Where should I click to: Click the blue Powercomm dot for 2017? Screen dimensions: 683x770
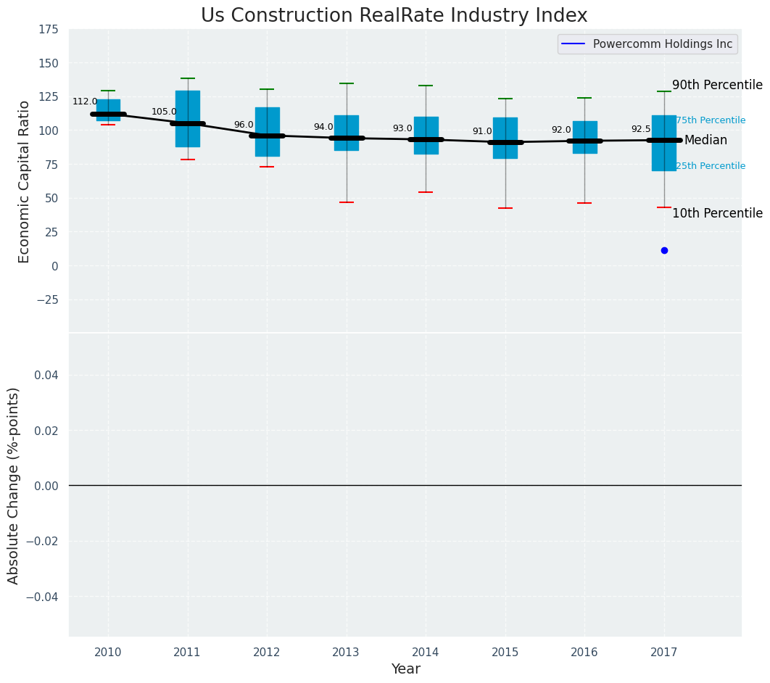(x=664, y=250)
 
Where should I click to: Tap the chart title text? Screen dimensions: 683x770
(x=394, y=16)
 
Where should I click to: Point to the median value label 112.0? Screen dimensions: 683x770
(x=85, y=102)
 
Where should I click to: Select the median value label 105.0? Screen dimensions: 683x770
(x=164, y=112)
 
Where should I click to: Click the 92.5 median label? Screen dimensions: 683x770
(x=641, y=129)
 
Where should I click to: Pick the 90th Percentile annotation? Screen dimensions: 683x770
(x=717, y=85)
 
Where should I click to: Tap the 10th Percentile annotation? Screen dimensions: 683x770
(x=717, y=213)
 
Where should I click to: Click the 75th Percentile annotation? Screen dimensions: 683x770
(x=710, y=120)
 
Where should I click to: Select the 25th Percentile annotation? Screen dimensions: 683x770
(x=710, y=166)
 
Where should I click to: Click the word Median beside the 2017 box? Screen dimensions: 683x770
(x=705, y=141)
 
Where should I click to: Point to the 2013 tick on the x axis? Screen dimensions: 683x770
(x=346, y=653)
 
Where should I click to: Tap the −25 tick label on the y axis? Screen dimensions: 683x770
(x=46, y=299)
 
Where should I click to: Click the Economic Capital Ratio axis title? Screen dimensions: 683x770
(x=25, y=181)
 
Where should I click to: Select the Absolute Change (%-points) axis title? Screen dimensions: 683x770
(x=14, y=485)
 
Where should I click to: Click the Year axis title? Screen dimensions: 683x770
(x=405, y=669)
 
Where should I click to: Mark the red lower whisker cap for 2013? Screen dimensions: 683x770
(x=347, y=202)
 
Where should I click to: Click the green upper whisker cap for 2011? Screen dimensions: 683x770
(x=188, y=78)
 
